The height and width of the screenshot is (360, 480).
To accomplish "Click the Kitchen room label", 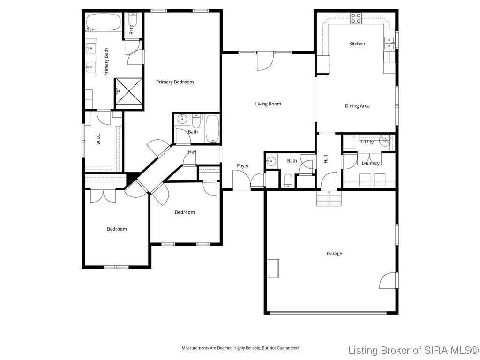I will [x=357, y=44].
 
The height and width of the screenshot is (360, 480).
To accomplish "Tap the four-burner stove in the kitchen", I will [x=356, y=18].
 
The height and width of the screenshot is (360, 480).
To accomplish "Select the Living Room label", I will [x=268, y=104].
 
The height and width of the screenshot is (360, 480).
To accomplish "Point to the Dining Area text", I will [x=357, y=106].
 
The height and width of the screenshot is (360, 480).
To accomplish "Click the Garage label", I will [x=334, y=254].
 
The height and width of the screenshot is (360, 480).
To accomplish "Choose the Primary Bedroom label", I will [x=175, y=82].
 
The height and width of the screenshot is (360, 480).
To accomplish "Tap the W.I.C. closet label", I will [x=99, y=139].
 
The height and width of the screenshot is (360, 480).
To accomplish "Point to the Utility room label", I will [x=367, y=142].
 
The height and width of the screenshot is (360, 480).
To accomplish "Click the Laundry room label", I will [x=371, y=163].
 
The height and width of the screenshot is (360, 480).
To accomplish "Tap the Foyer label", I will [x=243, y=166].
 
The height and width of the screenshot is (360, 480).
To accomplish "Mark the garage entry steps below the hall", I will [x=329, y=199].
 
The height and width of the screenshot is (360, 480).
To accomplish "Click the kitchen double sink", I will [x=389, y=43].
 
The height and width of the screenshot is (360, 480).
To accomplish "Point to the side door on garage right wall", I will [x=388, y=280].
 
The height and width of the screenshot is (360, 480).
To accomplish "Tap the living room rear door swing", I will [x=263, y=62].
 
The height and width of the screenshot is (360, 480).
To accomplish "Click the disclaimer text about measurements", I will [x=240, y=348].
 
